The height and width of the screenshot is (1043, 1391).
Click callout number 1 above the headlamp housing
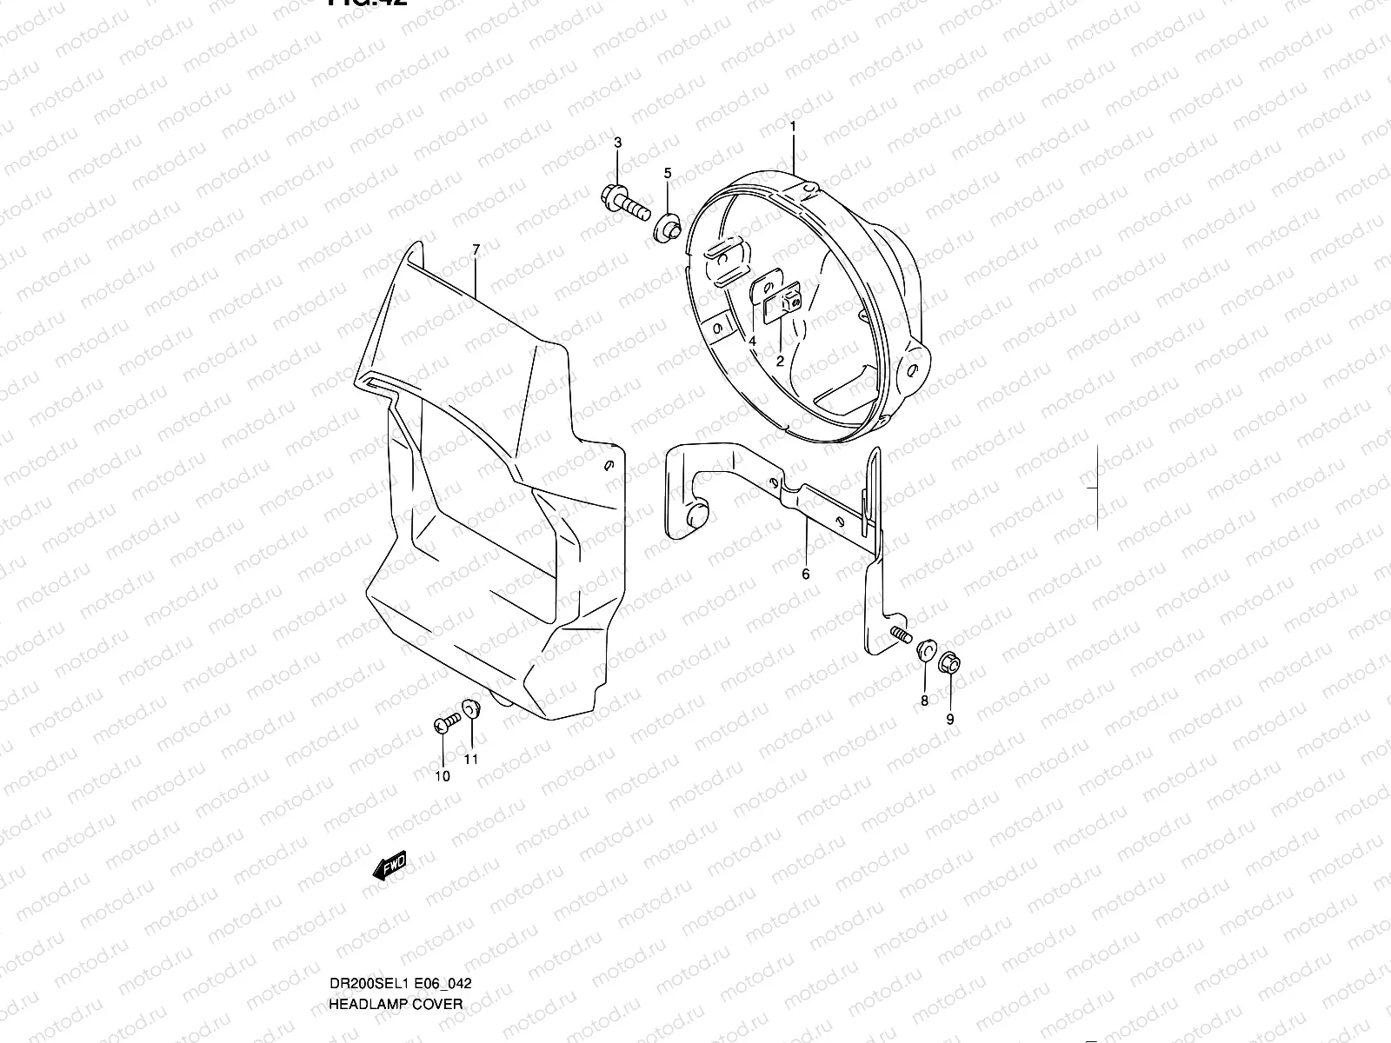click(793, 128)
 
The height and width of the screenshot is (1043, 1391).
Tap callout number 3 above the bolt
click(618, 143)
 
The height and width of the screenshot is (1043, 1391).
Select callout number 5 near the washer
click(668, 174)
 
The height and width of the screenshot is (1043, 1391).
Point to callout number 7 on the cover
click(476, 250)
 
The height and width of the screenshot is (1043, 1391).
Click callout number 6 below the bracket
click(805, 574)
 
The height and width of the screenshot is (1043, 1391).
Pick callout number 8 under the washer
click(924, 700)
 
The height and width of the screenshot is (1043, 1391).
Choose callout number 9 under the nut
click(950, 719)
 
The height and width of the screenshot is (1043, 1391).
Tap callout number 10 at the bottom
click(443, 776)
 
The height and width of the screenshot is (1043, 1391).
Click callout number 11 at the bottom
click(471, 759)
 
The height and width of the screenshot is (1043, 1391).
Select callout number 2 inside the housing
click(780, 360)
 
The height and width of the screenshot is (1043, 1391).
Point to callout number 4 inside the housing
click(753, 340)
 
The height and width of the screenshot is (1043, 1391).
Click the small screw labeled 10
click(446, 722)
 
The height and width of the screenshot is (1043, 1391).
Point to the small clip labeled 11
click(471, 708)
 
